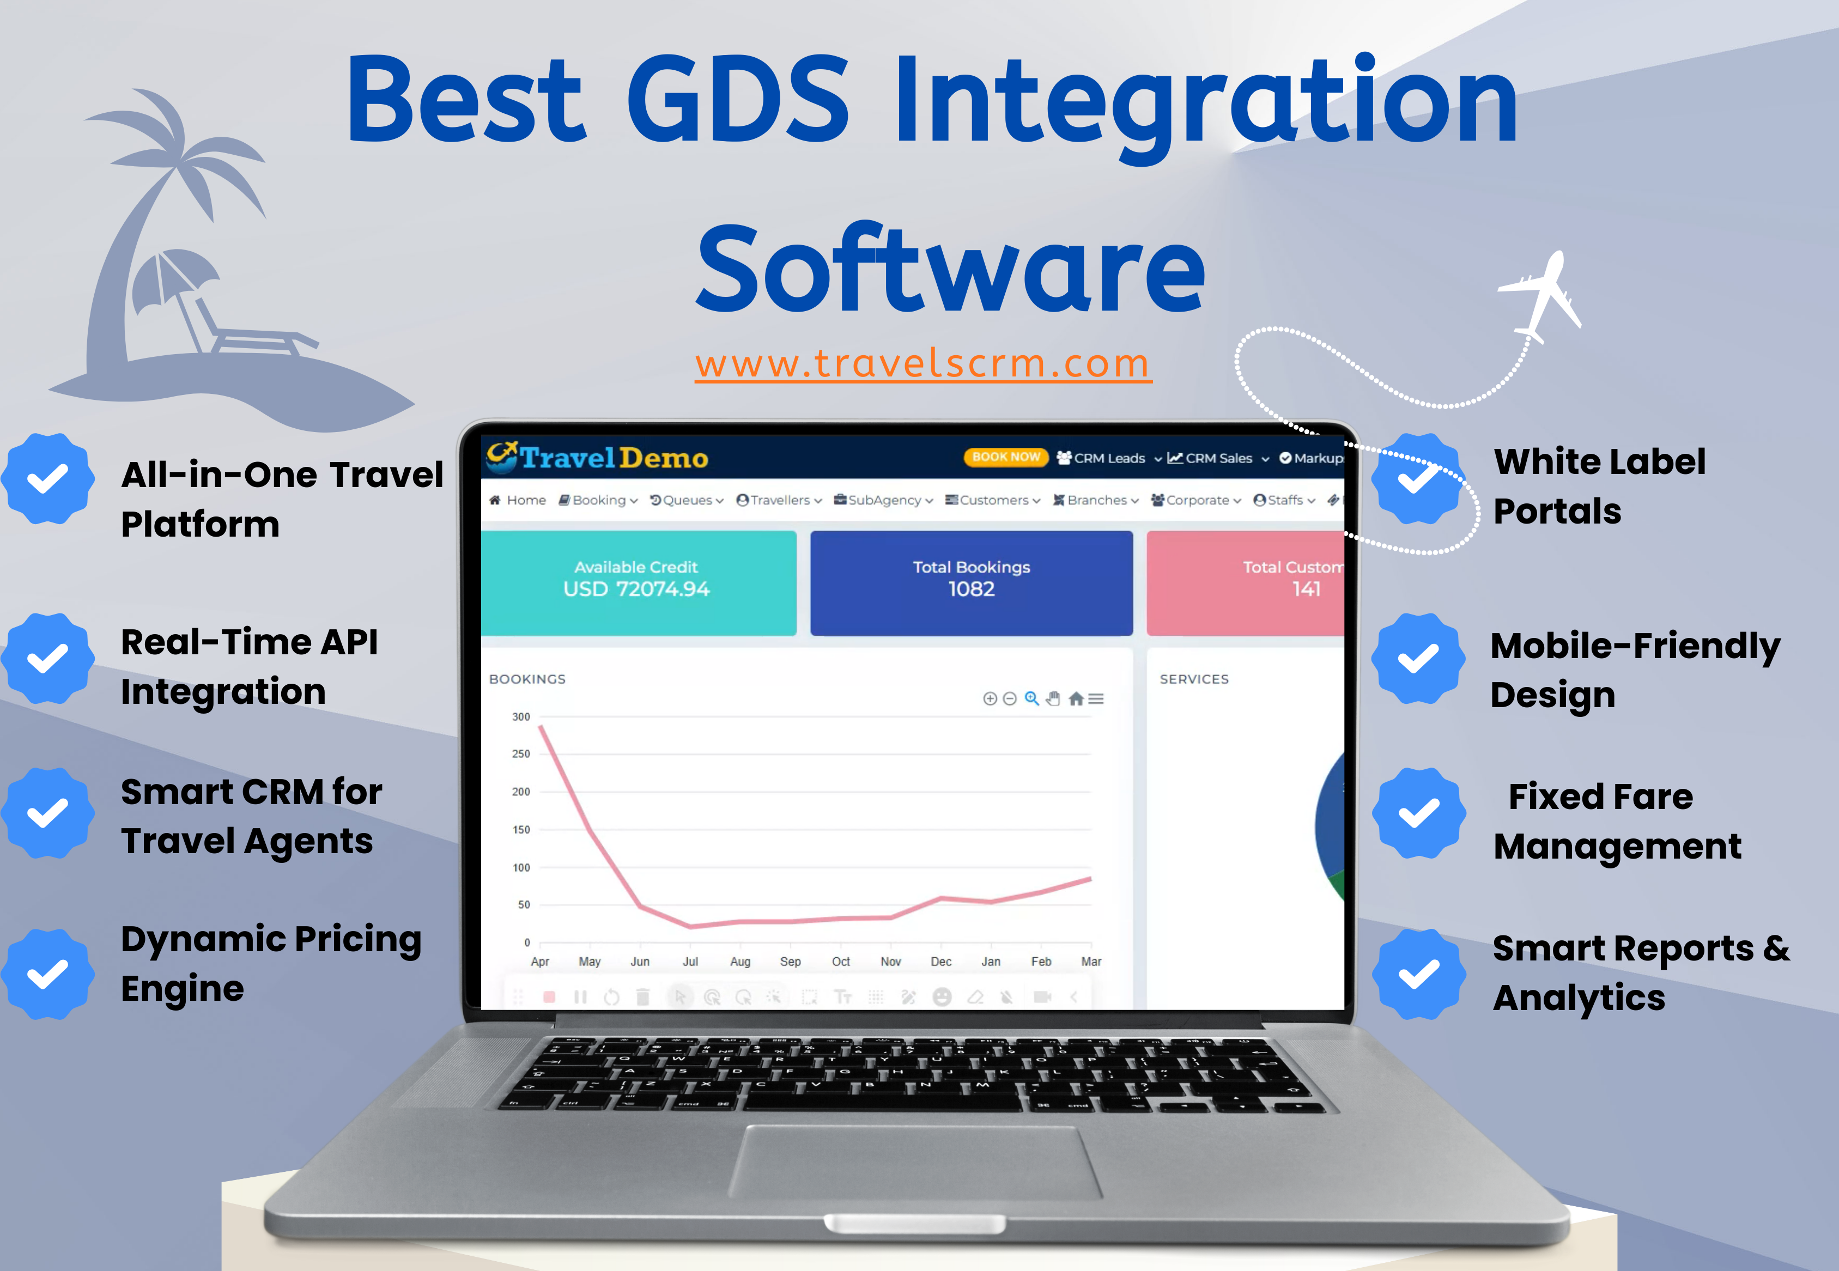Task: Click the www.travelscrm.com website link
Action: click(x=923, y=364)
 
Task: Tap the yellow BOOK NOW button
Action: click(x=1006, y=457)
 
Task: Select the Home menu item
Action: click(x=518, y=500)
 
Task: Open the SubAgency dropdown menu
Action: click(x=883, y=500)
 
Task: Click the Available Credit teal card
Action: click(x=639, y=583)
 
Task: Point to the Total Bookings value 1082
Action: click(x=972, y=589)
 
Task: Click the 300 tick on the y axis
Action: click(x=521, y=717)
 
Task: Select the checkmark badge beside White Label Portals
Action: click(x=1418, y=479)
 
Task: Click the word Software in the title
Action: click(x=951, y=269)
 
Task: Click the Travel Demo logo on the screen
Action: click(x=597, y=457)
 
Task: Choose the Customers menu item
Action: click(x=992, y=500)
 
